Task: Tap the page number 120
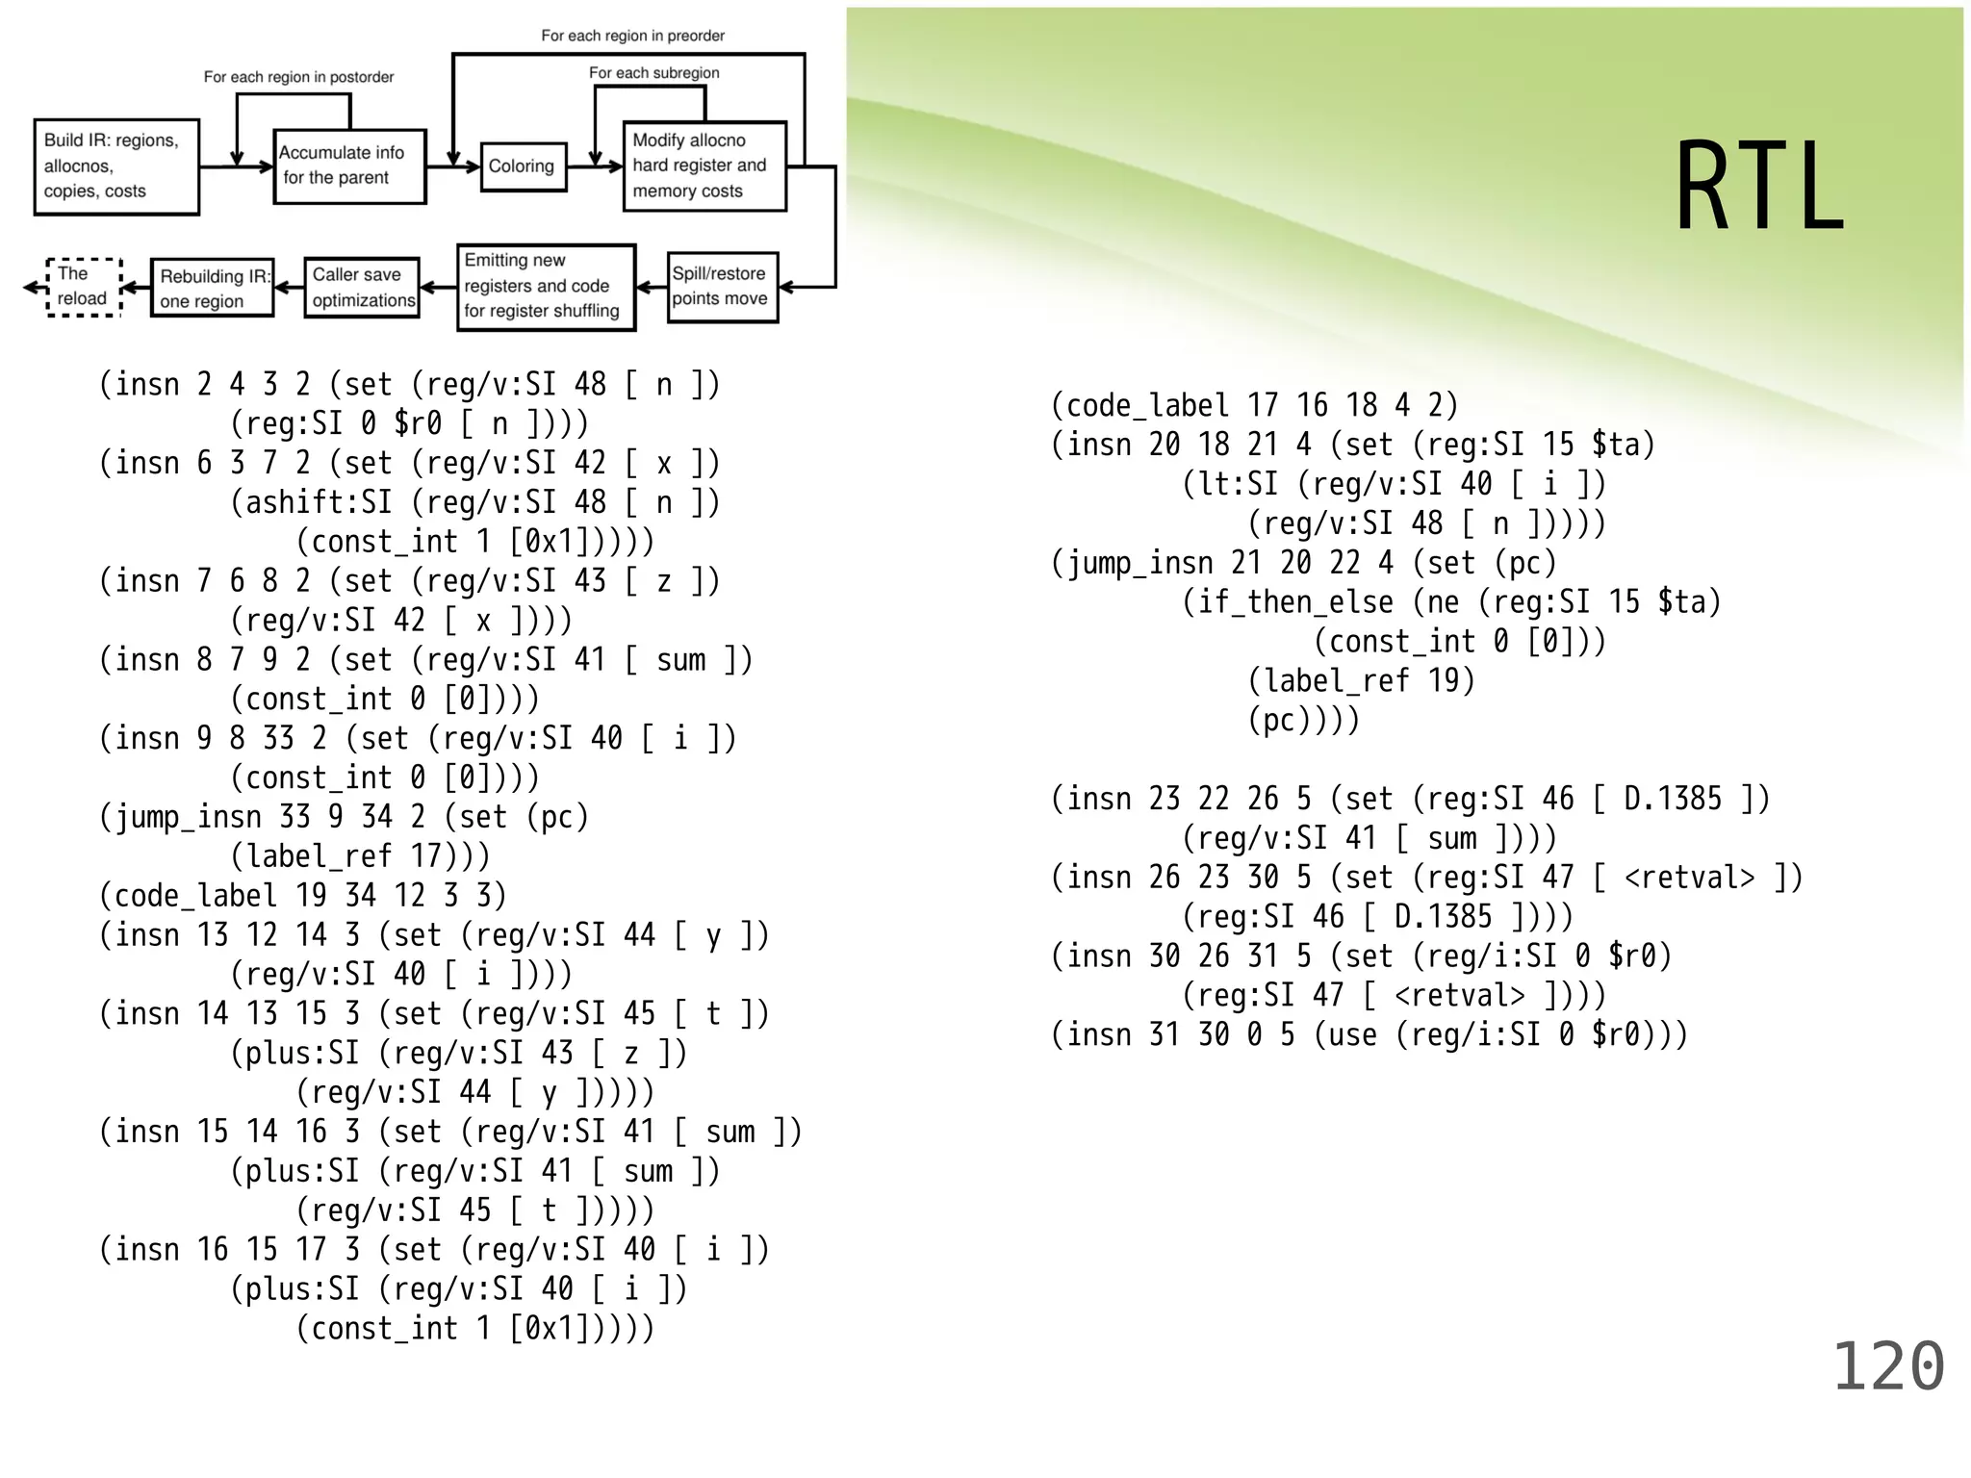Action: click(x=1887, y=1367)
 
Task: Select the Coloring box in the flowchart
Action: click(x=523, y=166)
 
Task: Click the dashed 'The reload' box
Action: click(x=84, y=287)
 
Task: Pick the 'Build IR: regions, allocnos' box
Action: click(x=115, y=166)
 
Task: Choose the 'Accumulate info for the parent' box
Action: click(x=349, y=166)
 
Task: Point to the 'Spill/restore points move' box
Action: click(x=722, y=287)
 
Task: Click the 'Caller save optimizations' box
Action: click(x=362, y=287)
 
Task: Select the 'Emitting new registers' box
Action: click(x=546, y=287)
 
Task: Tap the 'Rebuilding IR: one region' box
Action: click(x=212, y=288)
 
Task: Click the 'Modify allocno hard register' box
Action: click(x=704, y=166)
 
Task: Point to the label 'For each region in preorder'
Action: click(x=632, y=36)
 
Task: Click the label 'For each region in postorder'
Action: click(x=298, y=77)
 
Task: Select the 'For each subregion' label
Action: click(x=653, y=73)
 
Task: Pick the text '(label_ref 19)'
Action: click(x=1361, y=681)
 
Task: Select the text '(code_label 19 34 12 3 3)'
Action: click(x=302, y=896)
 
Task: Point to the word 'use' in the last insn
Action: click(x=1353, y=1035)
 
